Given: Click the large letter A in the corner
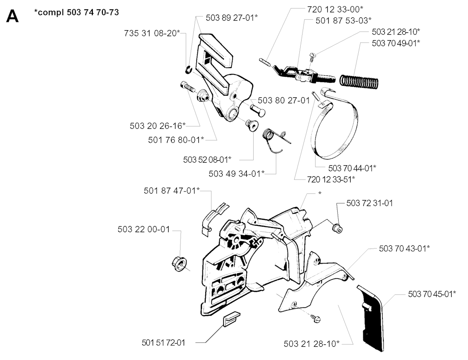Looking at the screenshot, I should tap(12, 17).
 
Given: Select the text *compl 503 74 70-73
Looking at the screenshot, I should tap(77, 12).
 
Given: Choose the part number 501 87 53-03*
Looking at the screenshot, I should tap(343, 20).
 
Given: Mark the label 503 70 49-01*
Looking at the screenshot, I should tap(396, 43).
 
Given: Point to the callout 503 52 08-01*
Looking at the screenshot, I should tap(207, 159).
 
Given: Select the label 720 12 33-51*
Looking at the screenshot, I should tap(325, 179).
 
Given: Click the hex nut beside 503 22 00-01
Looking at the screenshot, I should tap(179, 263).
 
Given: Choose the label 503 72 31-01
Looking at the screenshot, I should tap(369, 203).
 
